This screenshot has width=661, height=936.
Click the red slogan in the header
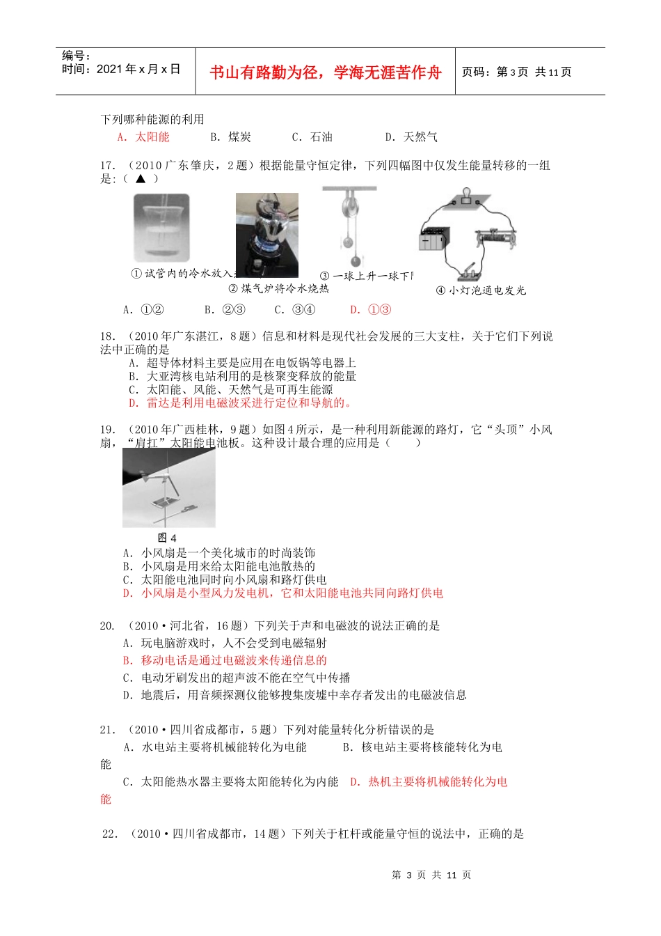pos(325,72)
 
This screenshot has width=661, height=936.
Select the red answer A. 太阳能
pos(143,137)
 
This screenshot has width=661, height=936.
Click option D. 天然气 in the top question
pos(411,137)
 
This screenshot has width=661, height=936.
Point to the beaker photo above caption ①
pos(161,228)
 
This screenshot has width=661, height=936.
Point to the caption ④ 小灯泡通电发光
pos(481,290)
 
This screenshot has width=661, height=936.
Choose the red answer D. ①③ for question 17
pos(371,310)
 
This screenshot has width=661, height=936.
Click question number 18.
pos(108,336)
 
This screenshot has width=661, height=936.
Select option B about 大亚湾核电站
pos(242,376)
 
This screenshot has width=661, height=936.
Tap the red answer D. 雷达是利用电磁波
pos(240,403)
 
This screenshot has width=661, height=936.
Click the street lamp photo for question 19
pos(169,487)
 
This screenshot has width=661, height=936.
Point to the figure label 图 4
pos(167,538)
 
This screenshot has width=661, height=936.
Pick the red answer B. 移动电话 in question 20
pos(225,660)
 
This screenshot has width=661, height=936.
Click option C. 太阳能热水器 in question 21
pos(230,782)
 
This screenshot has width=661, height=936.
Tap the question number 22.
pos(110,834)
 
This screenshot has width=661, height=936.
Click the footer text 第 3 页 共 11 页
pos(431,875)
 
